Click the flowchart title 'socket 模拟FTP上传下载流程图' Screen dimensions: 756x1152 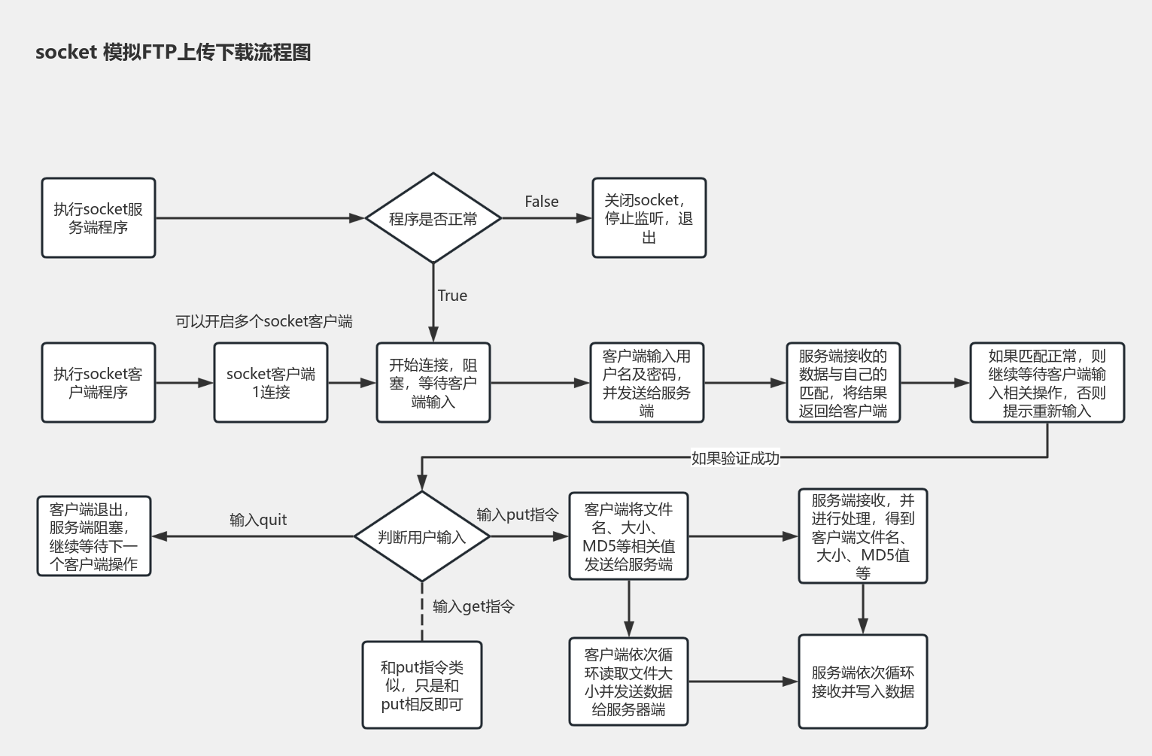tap(173, 52)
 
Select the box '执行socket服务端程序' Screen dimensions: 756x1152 tap(99, 218)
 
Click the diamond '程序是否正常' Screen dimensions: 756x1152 tap(433, 219)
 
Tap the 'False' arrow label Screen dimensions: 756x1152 tap(541, 202)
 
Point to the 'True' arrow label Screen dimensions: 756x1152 tap(452, 296)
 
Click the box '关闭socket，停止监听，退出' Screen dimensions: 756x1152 tap(649, 218)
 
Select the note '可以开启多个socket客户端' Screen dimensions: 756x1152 tap(263, 321)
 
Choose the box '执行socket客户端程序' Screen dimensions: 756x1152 tap(99, 383)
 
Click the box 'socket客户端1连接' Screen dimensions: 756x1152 tap(271, 383)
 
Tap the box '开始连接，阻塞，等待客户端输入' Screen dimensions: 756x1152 tap(433, 383)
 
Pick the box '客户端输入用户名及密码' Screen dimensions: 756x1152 tap(646, 383)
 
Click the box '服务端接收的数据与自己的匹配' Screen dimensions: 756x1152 tap(843, 383)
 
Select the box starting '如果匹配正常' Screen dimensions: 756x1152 tap(1047, 383)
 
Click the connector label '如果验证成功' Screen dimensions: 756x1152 tap(735, 458)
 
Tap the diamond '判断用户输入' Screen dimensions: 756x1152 tap(422, 537)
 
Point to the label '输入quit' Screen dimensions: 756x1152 tap(258, 520)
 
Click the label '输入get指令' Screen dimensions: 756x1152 tap(473, 606)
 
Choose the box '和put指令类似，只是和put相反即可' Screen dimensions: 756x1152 tap(422, 685)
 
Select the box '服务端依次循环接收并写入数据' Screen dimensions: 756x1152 tap(862, 682)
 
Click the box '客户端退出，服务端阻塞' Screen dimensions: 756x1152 tap(94, 536)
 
